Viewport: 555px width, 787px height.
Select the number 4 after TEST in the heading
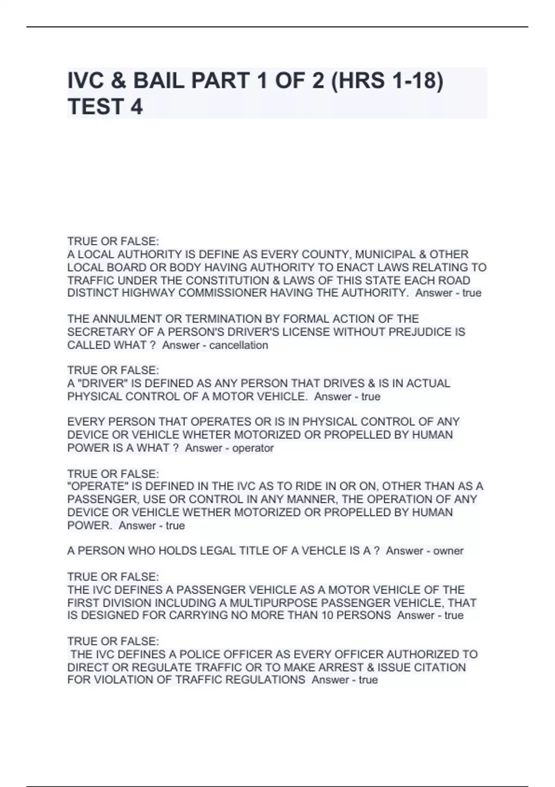137,107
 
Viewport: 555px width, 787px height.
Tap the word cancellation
239,345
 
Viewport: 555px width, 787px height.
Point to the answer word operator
253,448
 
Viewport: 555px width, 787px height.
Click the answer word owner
448,551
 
